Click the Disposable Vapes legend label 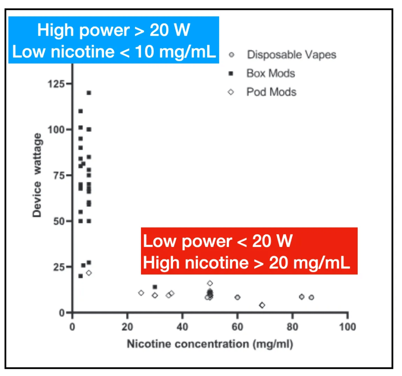(x=291, y=55)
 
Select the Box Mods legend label (x=270, y=73)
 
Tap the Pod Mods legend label (x=271, y=92)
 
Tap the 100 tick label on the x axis (x=347, y=327)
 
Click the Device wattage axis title (x=37, y=175)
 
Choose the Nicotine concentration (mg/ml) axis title (x=210, y=344)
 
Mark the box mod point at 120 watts (x=89, y=93)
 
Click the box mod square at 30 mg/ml (x=155, y=287)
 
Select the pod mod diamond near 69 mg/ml (x=262, y=305)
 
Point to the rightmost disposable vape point (x=311, y=298)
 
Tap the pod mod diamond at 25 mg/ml (x=141, y=293)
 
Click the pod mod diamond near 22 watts (x=89, y=273)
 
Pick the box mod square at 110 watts (x=80, y=111)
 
